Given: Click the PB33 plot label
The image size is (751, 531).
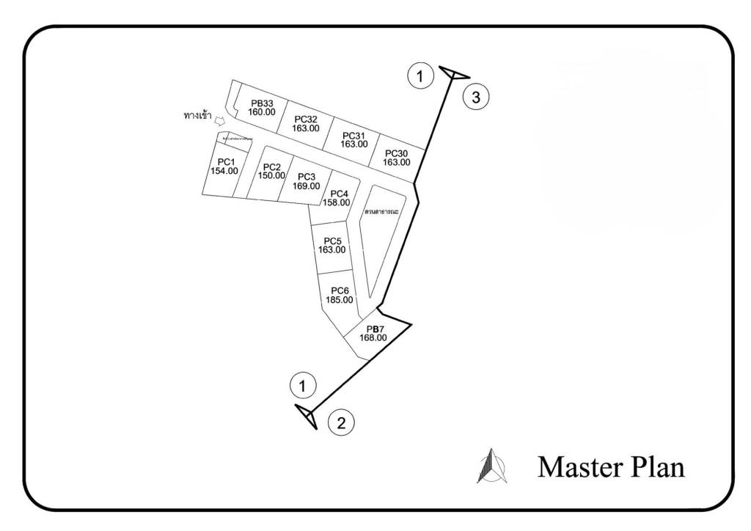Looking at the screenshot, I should click(x=262, y=103).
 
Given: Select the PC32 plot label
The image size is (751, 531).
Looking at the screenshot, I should click(x=305, y=119).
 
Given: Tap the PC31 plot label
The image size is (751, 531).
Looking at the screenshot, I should click(x=353, y=135).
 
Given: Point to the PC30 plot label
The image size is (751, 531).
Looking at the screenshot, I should click(x=396, y=153).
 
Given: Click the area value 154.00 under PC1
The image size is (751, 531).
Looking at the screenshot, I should click(x=224, y=171).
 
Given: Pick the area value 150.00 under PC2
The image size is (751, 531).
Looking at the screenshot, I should click(x=271, y=175).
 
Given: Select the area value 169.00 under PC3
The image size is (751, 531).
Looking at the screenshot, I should click(x=306, y=186).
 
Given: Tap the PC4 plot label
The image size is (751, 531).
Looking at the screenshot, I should click(x=339, y=194).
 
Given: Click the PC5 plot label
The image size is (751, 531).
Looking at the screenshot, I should click(x=331, y=241).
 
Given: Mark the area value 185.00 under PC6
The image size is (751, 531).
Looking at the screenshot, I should click(x=339, y=299).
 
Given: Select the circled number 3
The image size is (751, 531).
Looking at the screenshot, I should click(x=476, y=97).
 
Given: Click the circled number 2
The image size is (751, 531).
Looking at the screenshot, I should click(x=341, y=422).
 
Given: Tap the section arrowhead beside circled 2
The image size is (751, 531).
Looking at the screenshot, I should click(x=307, y=416).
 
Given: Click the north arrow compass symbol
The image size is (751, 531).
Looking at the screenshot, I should click(x=491, y=466).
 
